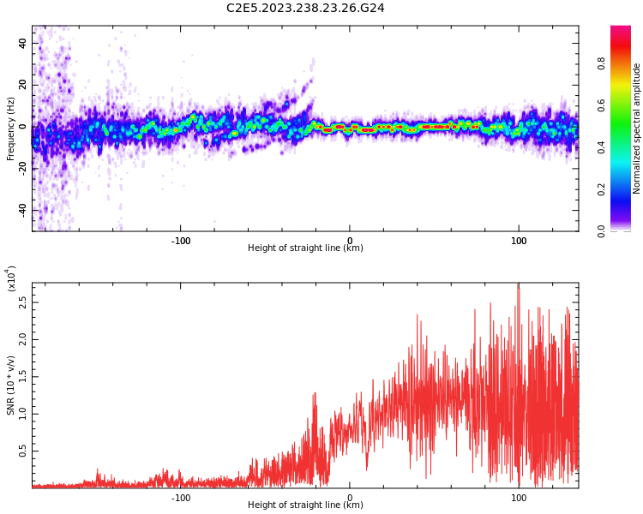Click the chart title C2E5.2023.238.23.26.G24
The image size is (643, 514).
tap(305, 8)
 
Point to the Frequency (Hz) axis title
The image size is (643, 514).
tap(11, 128)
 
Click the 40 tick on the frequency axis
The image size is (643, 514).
tap(22, 43)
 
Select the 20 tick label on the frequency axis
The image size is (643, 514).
tap(22, 85)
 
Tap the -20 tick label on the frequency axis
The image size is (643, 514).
tap(21, 169)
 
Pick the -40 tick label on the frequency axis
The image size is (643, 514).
tap(21, 211)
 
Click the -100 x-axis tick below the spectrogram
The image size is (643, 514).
tap(180, 241)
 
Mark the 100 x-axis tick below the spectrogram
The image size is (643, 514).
tap(519, 241)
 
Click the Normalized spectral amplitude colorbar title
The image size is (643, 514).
tap(637, 128)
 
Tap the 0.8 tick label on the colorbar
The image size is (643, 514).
tap(625, 63)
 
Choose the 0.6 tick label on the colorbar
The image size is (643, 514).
tap(625, 105)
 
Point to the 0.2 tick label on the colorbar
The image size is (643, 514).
tap(625, 189)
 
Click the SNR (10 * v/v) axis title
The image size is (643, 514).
tap(11, 385)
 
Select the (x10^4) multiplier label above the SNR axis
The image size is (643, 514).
tap(11, 278)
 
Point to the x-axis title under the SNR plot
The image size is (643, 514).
tap(305, 505)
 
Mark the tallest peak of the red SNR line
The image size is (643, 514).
tap(518, 284)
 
